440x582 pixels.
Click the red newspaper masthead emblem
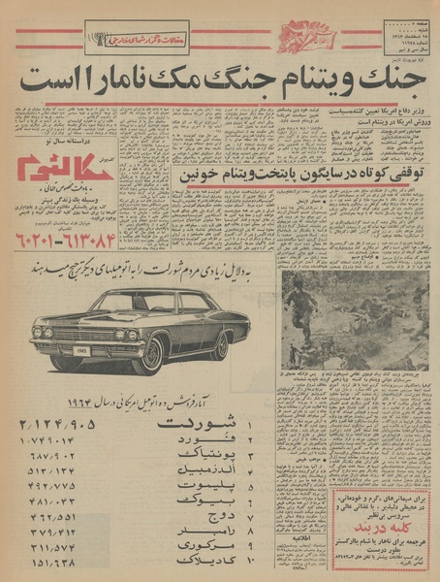(309, 38)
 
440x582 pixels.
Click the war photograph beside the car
(354, 319)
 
